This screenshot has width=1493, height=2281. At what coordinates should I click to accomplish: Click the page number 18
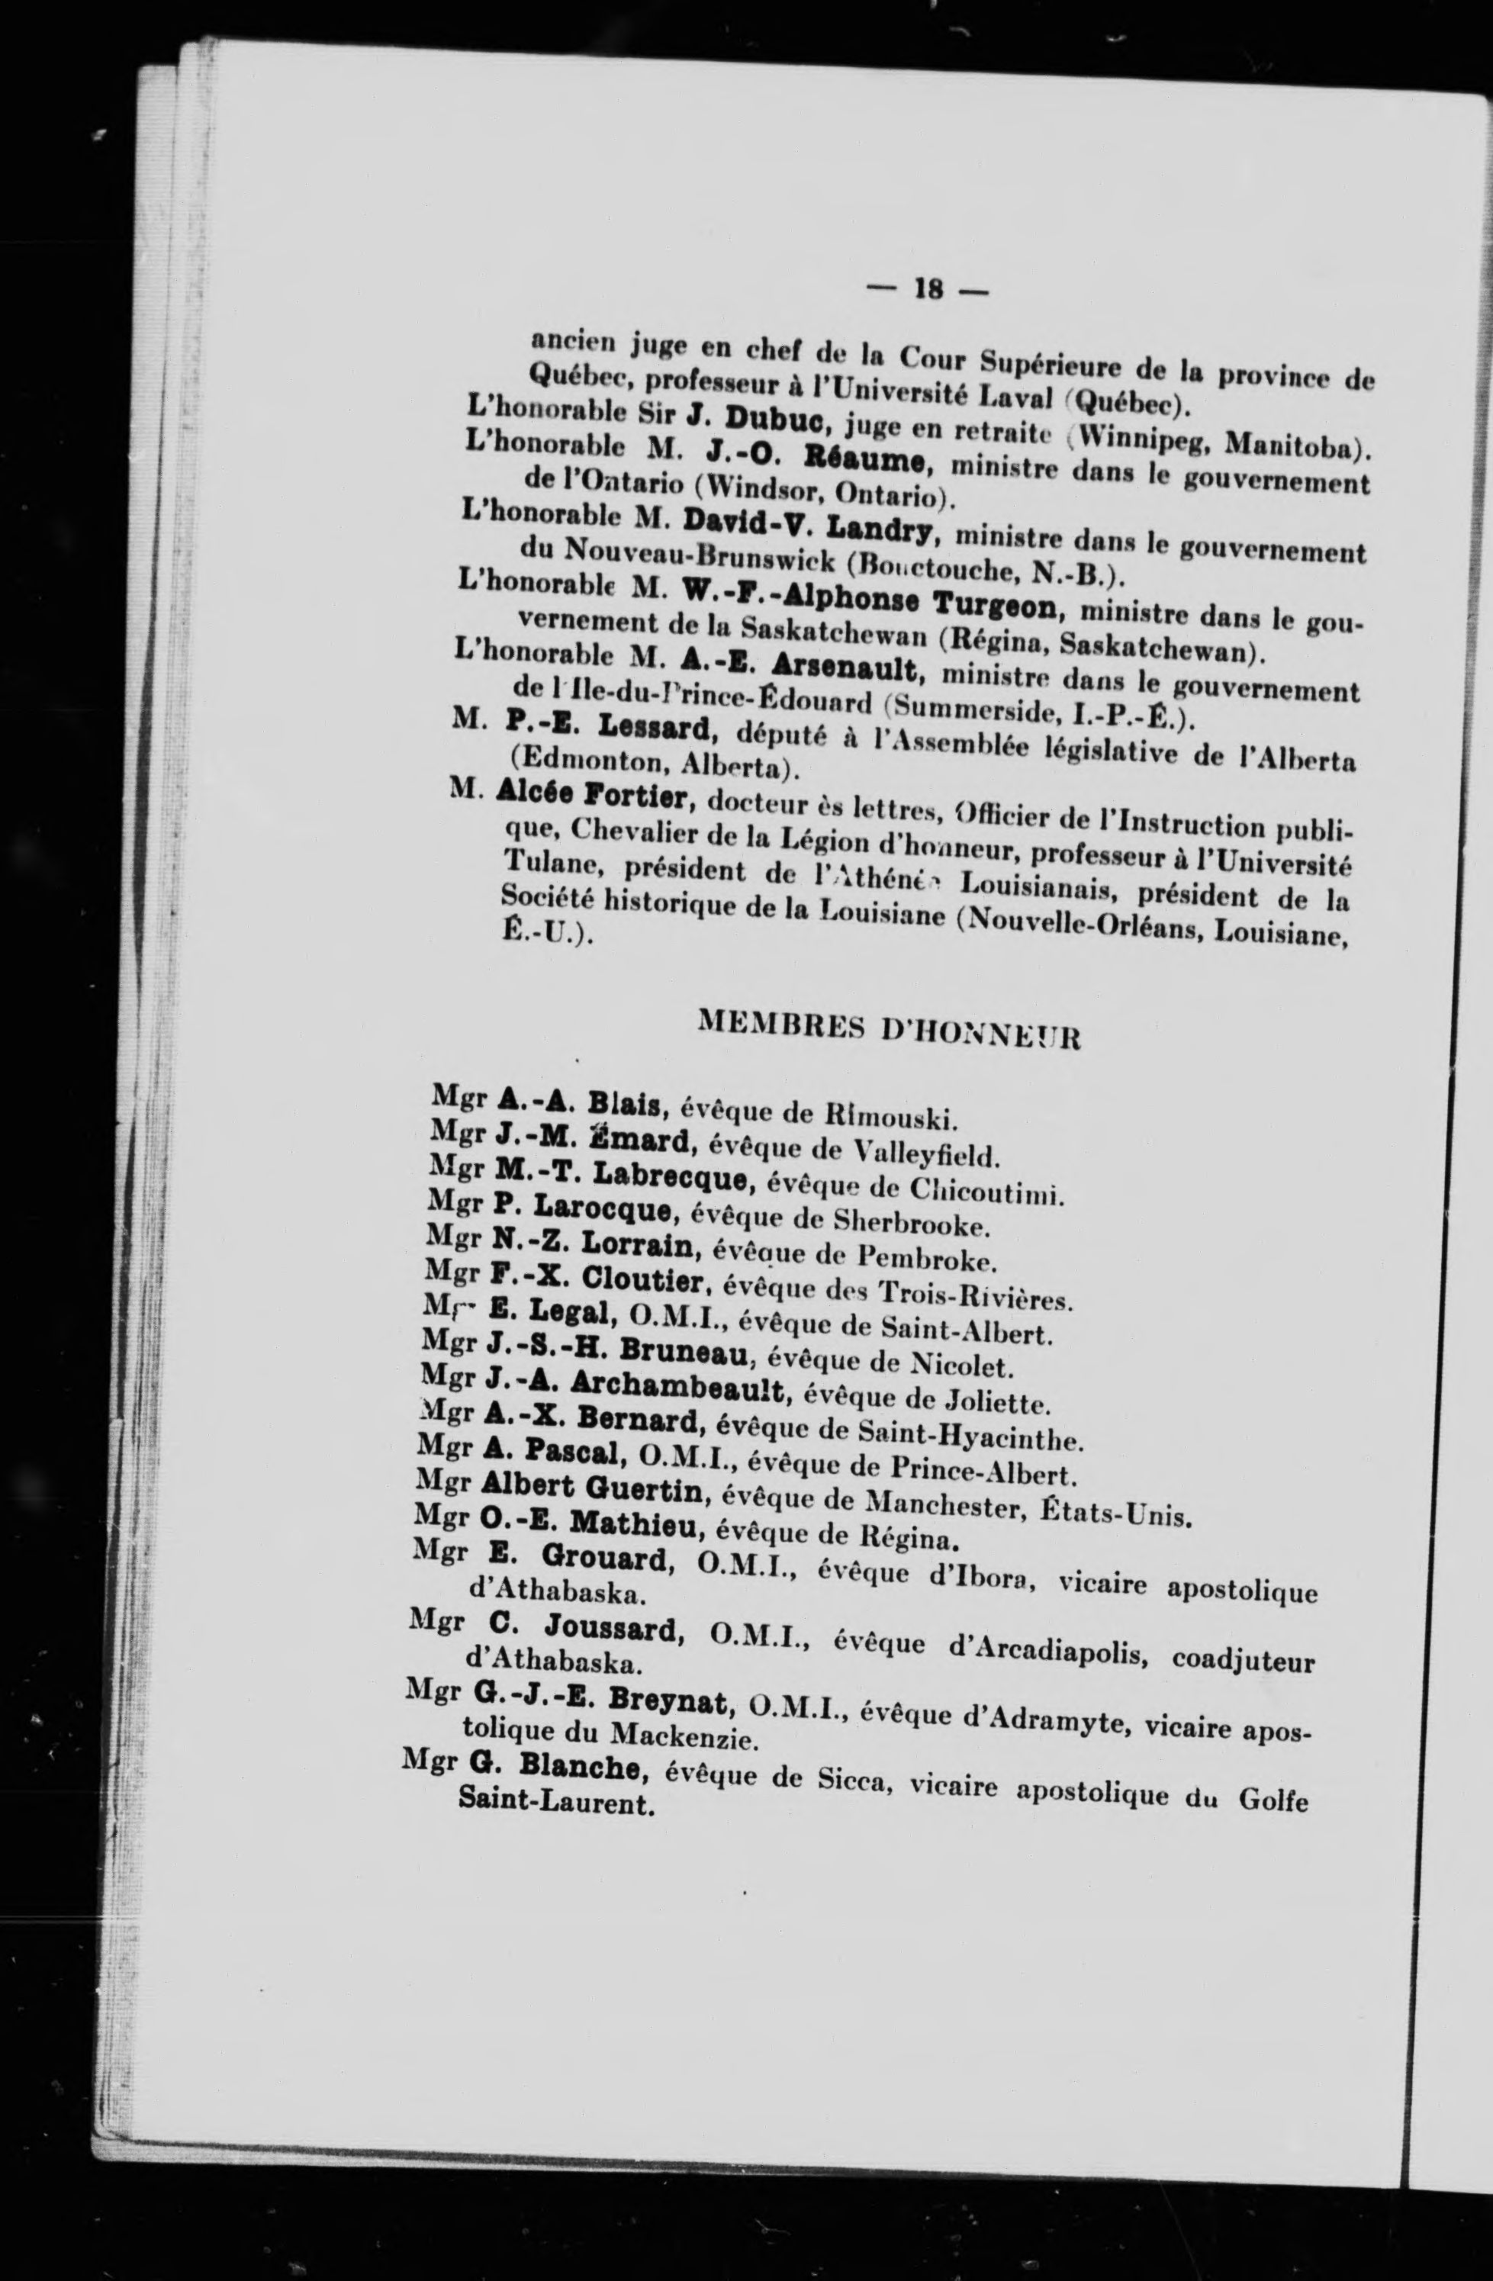pos(928,288)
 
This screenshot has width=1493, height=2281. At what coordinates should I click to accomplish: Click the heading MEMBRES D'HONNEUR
pos(890,1031)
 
